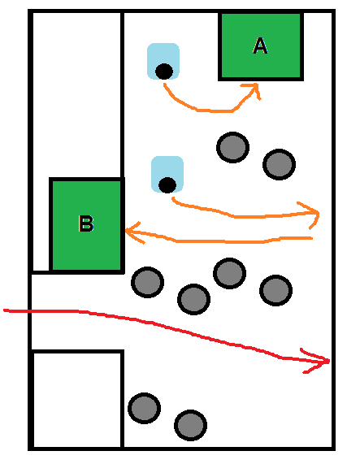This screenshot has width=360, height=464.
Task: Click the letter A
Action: click(260, 46)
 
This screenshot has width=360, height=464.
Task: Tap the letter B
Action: click(86, 223)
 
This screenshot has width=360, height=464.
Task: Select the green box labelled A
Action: click(261, 46)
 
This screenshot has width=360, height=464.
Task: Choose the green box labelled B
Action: click(87, 225)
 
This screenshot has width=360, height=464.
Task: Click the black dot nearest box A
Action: click(164, 72)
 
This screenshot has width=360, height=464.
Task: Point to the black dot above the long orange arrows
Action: click(167, 185)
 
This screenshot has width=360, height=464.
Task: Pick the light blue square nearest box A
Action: click(163, 61)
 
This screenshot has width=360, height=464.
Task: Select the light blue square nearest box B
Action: click(167, 174)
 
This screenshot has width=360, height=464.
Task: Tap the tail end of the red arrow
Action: click(4, 310)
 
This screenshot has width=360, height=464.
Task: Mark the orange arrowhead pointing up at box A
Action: click(254, 89)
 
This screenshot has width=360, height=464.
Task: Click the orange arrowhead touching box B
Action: click(134, 232)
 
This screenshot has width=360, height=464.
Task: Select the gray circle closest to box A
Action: click(232, 147)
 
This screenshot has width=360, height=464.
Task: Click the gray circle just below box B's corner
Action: click(147, 282)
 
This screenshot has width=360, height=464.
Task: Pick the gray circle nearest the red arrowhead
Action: click(276, 290)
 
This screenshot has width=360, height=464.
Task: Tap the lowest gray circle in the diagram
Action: click(190, 425)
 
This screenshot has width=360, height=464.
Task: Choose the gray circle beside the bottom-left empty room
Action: click(144, 409)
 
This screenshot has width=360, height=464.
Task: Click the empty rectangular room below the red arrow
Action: click(77, 400)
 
